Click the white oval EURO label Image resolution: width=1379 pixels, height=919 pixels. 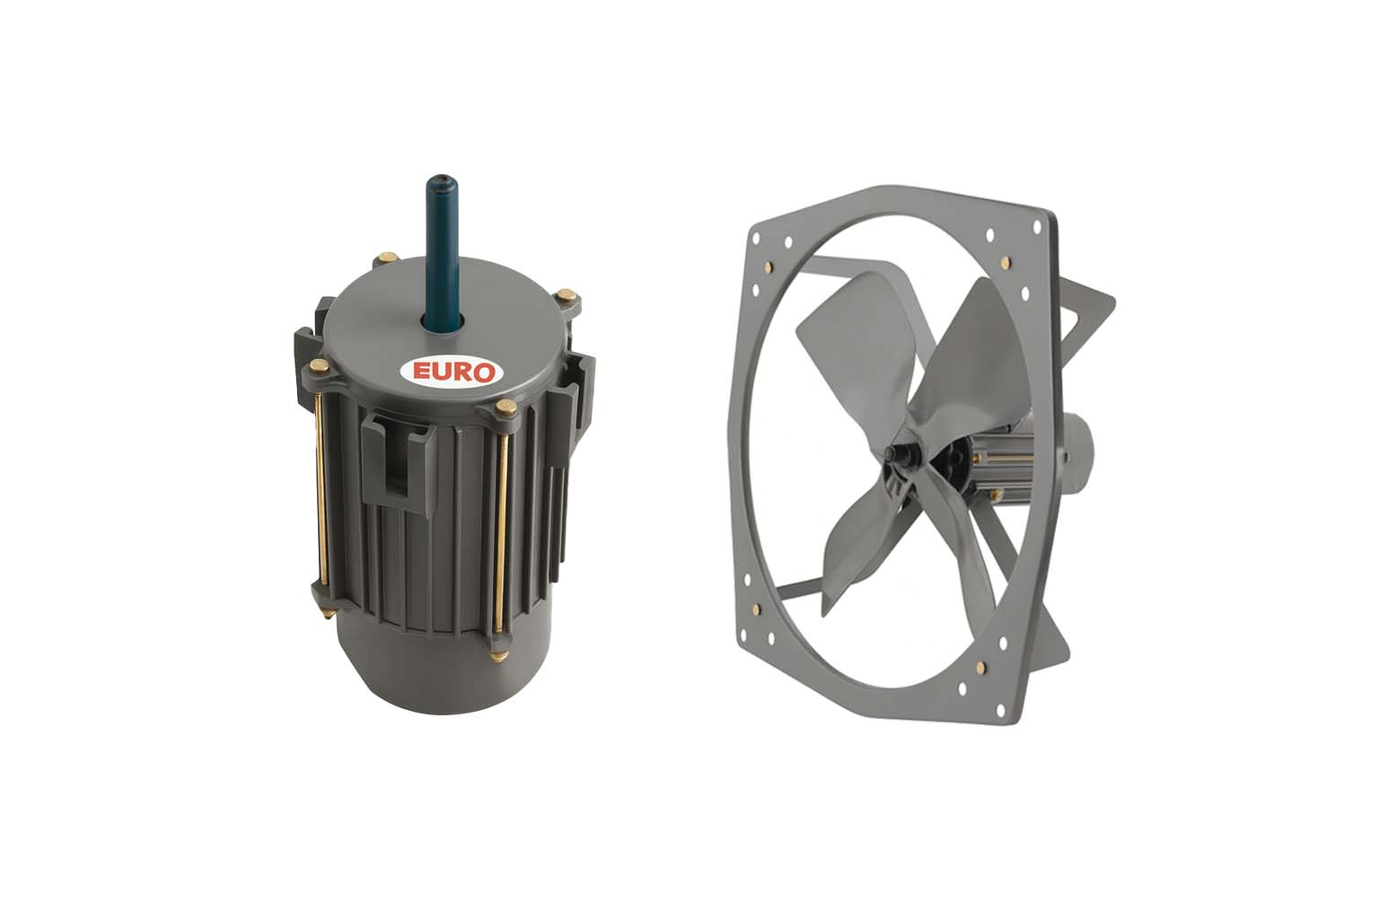coord(452,372)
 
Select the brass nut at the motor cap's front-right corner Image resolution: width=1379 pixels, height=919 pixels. coord(506,407)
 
